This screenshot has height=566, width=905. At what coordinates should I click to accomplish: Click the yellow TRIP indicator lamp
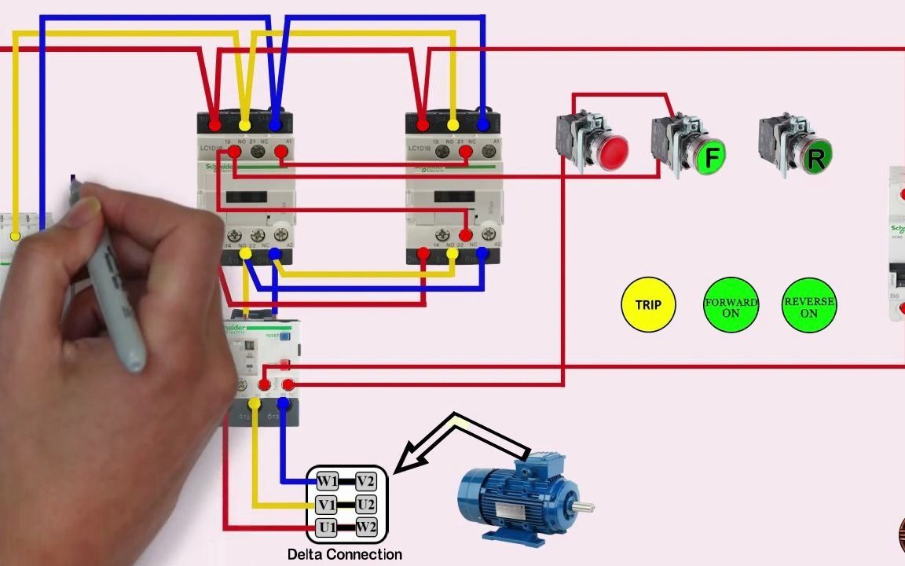[648, 304]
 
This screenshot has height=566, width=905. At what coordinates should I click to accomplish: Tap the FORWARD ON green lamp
[731, 304]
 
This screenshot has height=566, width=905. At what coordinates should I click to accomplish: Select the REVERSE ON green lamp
[809, 304]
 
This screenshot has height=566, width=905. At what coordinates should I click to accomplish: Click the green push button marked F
[711, 157]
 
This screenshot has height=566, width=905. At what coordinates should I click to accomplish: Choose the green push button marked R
[815, 158]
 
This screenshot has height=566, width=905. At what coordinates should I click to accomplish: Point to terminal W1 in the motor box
[328, 481]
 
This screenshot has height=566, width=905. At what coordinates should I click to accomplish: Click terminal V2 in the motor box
[365, 481]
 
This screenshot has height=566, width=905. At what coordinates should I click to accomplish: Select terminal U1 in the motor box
[328, 526]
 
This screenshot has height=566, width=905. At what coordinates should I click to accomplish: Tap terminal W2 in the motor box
[366, 526]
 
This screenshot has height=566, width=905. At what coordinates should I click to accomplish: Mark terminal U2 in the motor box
[365, 504]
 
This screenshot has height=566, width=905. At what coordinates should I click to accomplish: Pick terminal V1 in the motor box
[328, 504]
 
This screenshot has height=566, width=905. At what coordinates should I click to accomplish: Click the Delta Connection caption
[345, 554]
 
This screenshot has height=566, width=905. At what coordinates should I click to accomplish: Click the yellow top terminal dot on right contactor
[452, 125]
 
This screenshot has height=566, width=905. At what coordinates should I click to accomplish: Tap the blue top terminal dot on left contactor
[275, 124]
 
